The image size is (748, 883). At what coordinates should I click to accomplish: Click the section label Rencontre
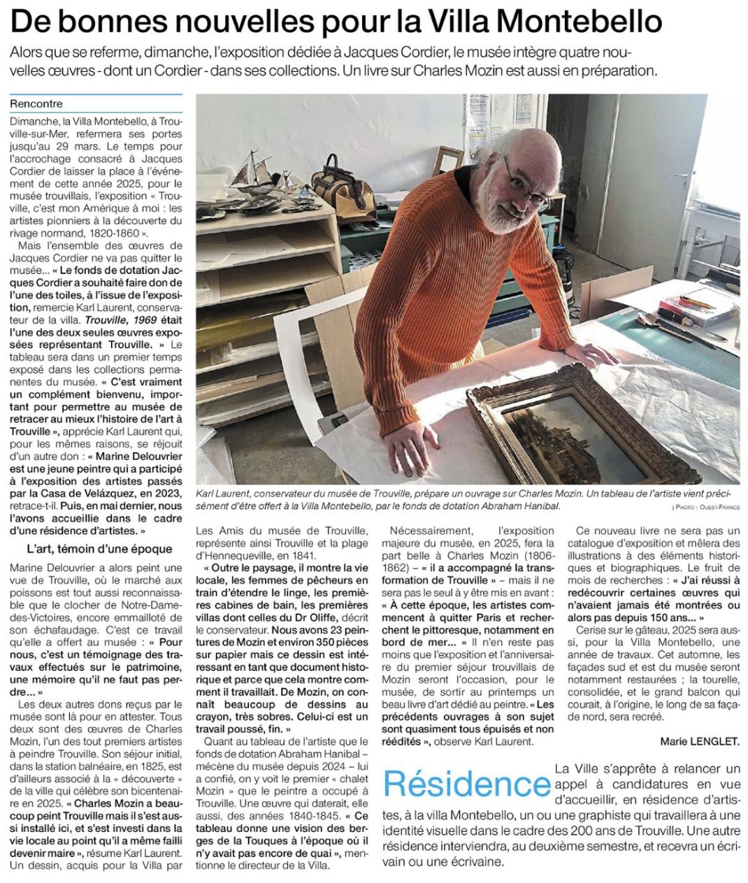pos(36,104)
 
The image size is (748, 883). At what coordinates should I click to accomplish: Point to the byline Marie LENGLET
pos(699,740)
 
